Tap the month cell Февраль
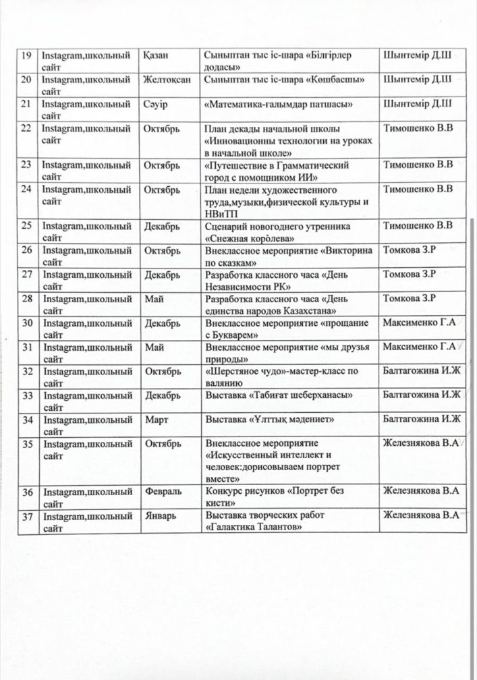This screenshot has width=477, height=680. coord(164,492)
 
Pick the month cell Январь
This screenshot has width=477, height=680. coord(162,516)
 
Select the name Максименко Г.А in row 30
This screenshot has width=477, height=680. coord(418,323)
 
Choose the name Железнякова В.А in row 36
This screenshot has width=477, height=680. coord(421,492)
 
